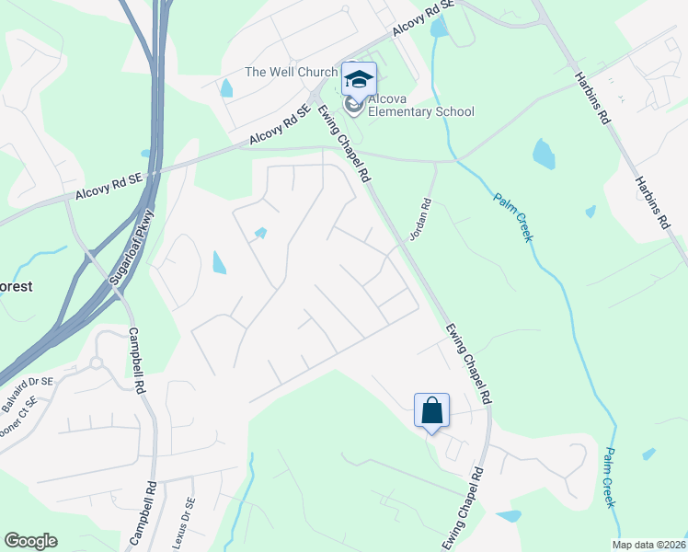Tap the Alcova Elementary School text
[x=420, y=106]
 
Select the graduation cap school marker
[x=359, y=78]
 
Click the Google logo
[x=30, y=541]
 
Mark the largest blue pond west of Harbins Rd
[x=544, y=154]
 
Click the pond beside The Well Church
[x=226, y=88]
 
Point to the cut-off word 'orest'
[x=16, y=286]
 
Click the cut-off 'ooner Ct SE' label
[x=17, y=420]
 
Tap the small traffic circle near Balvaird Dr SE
[x=95, y=362]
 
